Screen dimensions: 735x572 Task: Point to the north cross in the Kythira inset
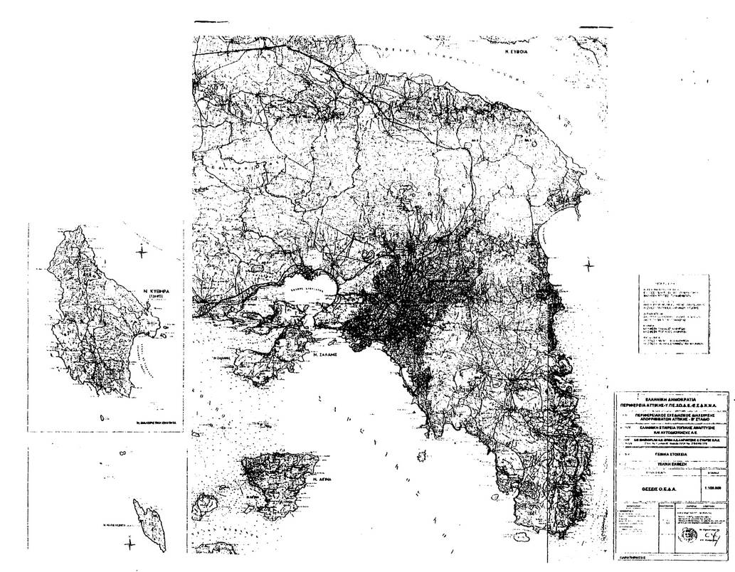coord(142,251)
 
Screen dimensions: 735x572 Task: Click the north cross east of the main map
coord(588,265)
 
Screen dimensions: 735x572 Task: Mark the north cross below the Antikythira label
coord(129,544)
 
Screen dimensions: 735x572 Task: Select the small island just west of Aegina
coord(207,503)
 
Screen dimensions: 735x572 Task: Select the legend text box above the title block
coord(673,314)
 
